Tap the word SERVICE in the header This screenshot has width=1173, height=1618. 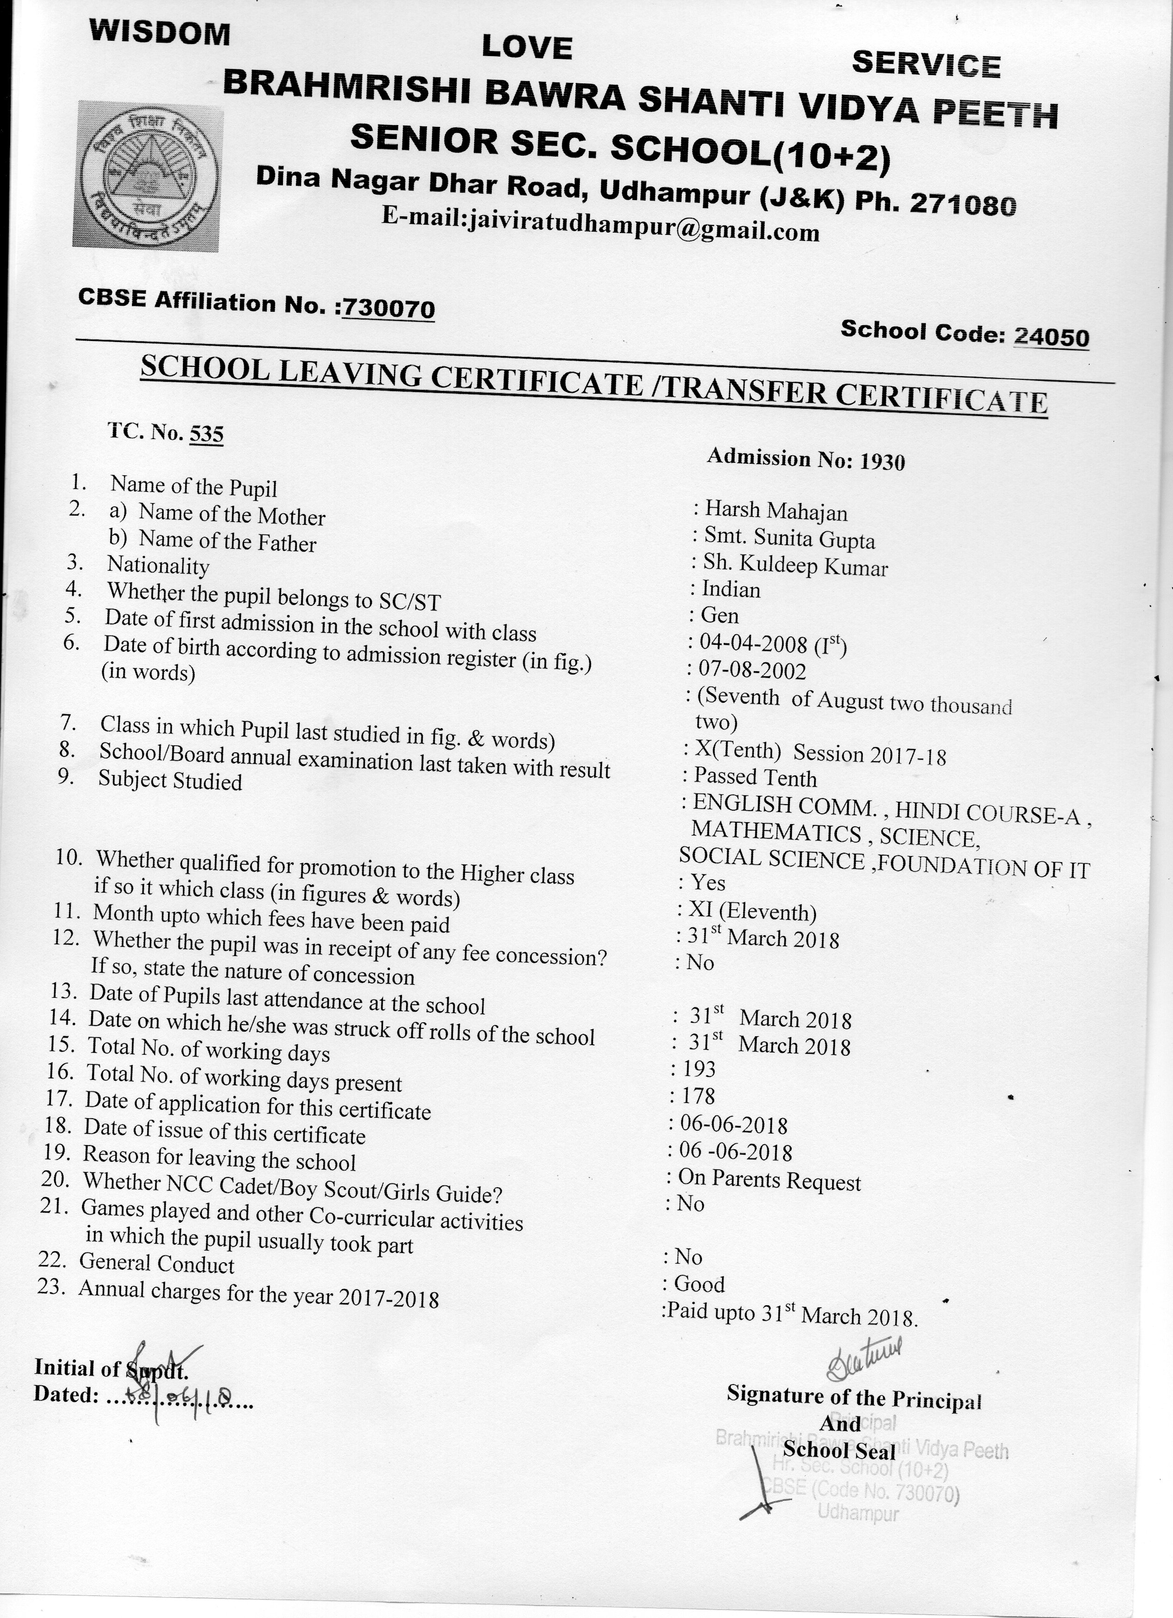point(926,63)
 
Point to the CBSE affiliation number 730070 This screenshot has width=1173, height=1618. point(388,308)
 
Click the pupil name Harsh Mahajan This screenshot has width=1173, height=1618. point(776,511)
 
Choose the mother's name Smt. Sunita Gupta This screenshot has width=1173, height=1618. point(790,539)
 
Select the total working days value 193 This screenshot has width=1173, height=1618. point(699,1069)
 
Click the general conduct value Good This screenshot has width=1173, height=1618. point(699,1284)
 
